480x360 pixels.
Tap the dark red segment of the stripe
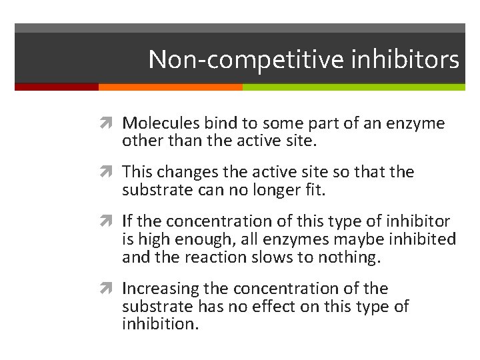tap(57, 87)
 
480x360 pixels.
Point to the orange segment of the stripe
tap(170, 87)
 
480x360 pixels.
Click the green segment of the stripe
tap(353, 87)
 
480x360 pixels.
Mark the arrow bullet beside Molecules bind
tap(110, 123)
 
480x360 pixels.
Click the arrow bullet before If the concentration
tap(110, 221)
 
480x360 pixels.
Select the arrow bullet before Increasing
tap(110, 289)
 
